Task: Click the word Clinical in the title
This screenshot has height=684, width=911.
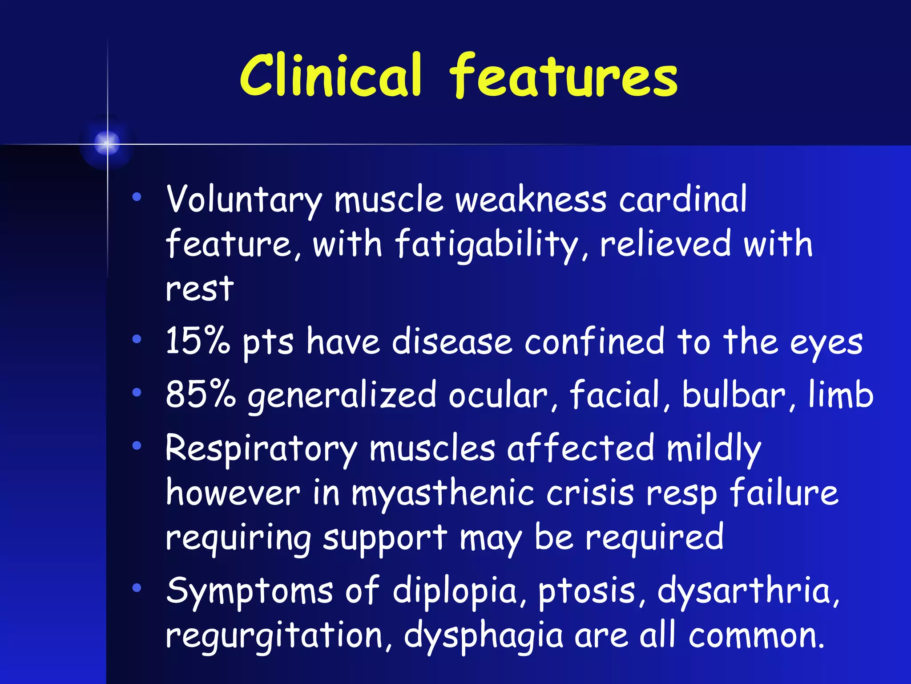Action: pyautogui.click(x=330, y=76)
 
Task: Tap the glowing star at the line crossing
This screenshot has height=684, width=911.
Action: pyautogui.click(x=107, y=143)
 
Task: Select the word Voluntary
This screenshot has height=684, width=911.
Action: pyautogui.click(x=243, y=200)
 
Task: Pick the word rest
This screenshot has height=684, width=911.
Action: pyautogui.click(x=200, y=289)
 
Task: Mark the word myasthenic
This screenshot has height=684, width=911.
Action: pyautogui.click(x=443, y=494)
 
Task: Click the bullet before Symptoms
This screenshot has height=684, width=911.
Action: pyautogui.click(x=137, y=588)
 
